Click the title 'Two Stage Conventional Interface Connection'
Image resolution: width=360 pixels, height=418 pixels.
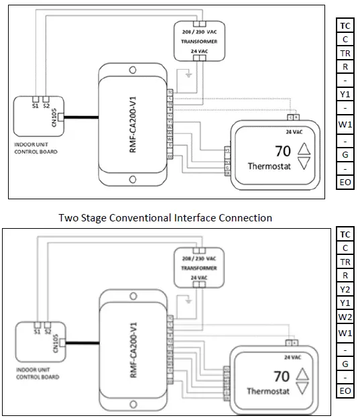coord(165,217)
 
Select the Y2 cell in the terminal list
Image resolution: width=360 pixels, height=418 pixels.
coord(345,289)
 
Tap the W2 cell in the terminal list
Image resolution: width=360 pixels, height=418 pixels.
coord(345,317)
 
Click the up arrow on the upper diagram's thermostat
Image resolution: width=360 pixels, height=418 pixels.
coord(304,149)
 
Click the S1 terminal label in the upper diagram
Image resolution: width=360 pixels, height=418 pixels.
coord(36,105)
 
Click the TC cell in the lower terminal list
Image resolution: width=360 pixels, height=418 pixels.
coord(345,234)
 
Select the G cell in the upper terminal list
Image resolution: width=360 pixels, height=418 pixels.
coord(345,156)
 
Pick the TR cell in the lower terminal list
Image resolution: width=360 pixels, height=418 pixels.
coord(345,262)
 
